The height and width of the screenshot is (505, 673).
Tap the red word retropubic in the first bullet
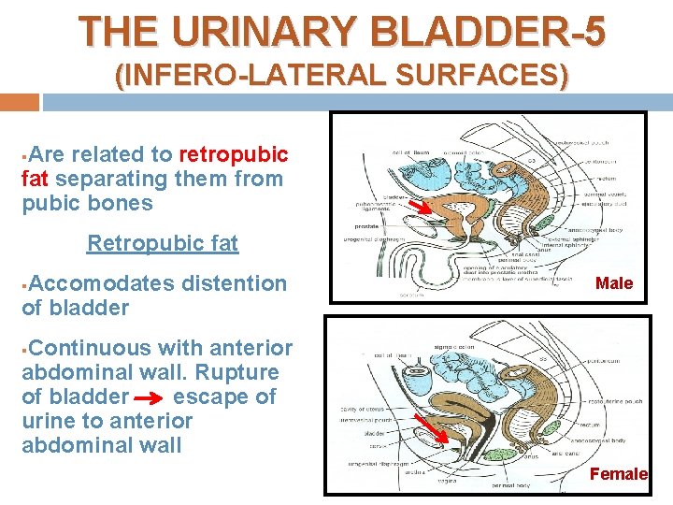click(234, 153)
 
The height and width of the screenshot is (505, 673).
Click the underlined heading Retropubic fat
click(163, 244)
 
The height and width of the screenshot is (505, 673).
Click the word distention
click(235, 282)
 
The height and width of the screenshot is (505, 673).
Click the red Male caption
click(614, 283)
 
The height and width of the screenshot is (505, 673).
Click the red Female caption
click(618, 474)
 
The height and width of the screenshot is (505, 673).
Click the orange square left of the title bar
click(20, 101)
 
